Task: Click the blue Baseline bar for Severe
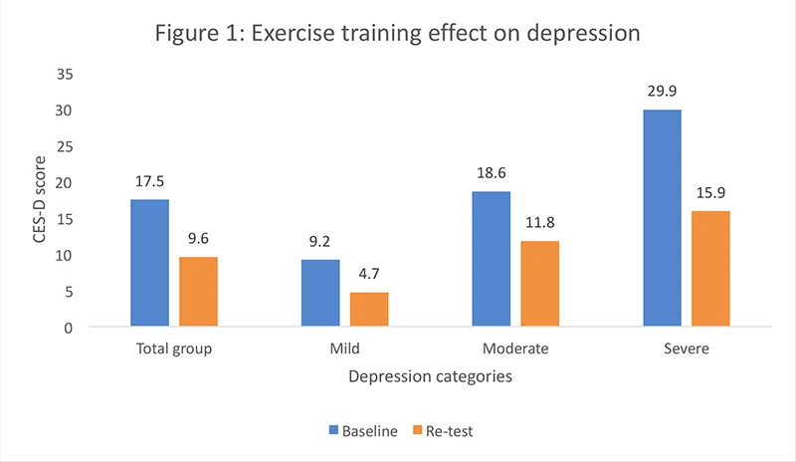[662, 218]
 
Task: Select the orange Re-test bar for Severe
[710, 269]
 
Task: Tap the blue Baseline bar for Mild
[320, 294]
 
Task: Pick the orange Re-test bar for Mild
[369, 310]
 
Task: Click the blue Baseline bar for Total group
[149, 263]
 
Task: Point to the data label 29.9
[662, 91]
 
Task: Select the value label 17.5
[149, 181]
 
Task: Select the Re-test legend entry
[444, 431]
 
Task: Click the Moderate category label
[515, 349]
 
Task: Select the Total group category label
[174, 349]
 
